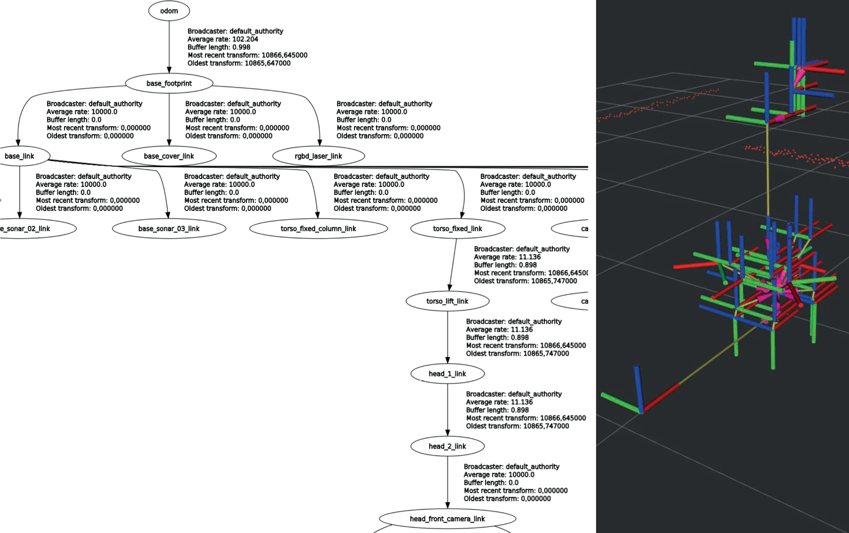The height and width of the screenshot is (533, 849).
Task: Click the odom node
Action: point(169,11)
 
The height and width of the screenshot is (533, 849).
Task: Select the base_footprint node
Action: point(169,83)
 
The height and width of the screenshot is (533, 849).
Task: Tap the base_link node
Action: point(20,156)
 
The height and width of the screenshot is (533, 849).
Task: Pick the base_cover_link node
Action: point(169,156)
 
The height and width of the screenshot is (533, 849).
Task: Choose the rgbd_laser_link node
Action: point(318,156)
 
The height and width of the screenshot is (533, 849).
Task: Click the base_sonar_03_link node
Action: point(169,229)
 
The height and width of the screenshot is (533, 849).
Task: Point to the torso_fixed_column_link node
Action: point(318,229)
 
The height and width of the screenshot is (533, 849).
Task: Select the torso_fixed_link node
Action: point(457,229)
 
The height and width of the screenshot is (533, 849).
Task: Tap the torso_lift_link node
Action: point(447,301)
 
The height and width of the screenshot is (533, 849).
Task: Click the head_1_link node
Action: point(447,374)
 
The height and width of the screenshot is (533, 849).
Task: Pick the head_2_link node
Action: point(447,446)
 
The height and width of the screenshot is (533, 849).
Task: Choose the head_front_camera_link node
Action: point(447,519)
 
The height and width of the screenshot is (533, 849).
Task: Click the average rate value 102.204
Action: point(245,39)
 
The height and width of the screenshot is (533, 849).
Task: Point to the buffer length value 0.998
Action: point(241,47)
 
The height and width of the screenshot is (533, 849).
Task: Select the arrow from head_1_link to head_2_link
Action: point(447,409)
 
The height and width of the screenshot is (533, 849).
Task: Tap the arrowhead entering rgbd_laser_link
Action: point(320,142)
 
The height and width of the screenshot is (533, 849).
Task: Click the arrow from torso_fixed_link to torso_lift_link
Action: point(453,265)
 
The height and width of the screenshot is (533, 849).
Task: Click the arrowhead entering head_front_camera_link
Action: point(447,505)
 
